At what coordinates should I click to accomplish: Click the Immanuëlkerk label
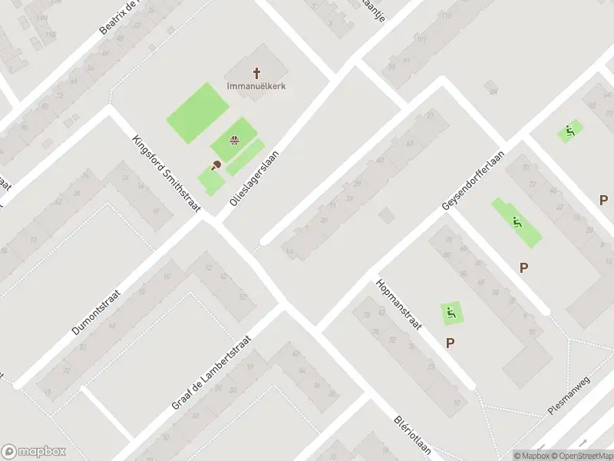(256, 86)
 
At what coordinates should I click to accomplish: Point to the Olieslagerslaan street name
(254, 177)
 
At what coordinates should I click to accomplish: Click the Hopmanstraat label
(398, 304)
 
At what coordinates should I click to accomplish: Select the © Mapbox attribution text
(532, 456)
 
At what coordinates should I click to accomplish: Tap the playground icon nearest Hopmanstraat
(451, 312)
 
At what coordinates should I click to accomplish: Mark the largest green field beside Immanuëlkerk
(193, 112)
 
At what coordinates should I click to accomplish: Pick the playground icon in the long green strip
(517, 222)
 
